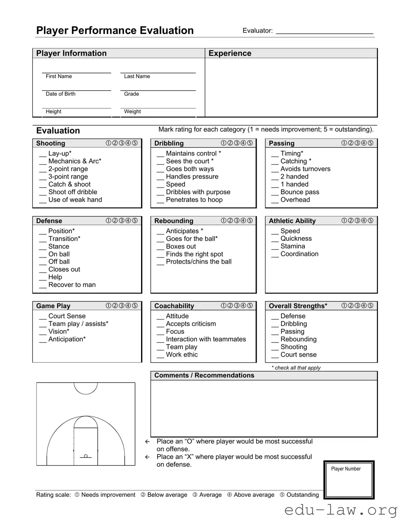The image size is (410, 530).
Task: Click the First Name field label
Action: (x=59, y=76)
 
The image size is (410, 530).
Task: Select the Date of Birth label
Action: (x=61, y=94)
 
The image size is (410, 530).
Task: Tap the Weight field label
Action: (x=132, y=111)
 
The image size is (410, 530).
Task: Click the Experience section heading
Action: (x=230, y=53)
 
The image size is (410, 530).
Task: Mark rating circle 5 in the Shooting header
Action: (x=135, y=143)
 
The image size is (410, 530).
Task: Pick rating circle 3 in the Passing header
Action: (x=357, y=143)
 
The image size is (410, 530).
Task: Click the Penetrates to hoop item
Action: (x=194, y=200)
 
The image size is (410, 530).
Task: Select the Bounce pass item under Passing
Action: (x=300, y=192)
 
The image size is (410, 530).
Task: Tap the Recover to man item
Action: (x=72, y=285)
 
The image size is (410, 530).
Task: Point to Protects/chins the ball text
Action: (x=199, y=262)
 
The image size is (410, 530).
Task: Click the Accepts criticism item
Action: (x=191, y=324)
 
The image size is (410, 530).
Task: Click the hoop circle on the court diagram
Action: (x=86, y=456)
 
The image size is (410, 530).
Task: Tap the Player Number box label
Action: (x=346, y=469)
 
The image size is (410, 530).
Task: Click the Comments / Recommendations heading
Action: (x=204, y=375)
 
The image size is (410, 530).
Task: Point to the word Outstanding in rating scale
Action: (x=302, y=495)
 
